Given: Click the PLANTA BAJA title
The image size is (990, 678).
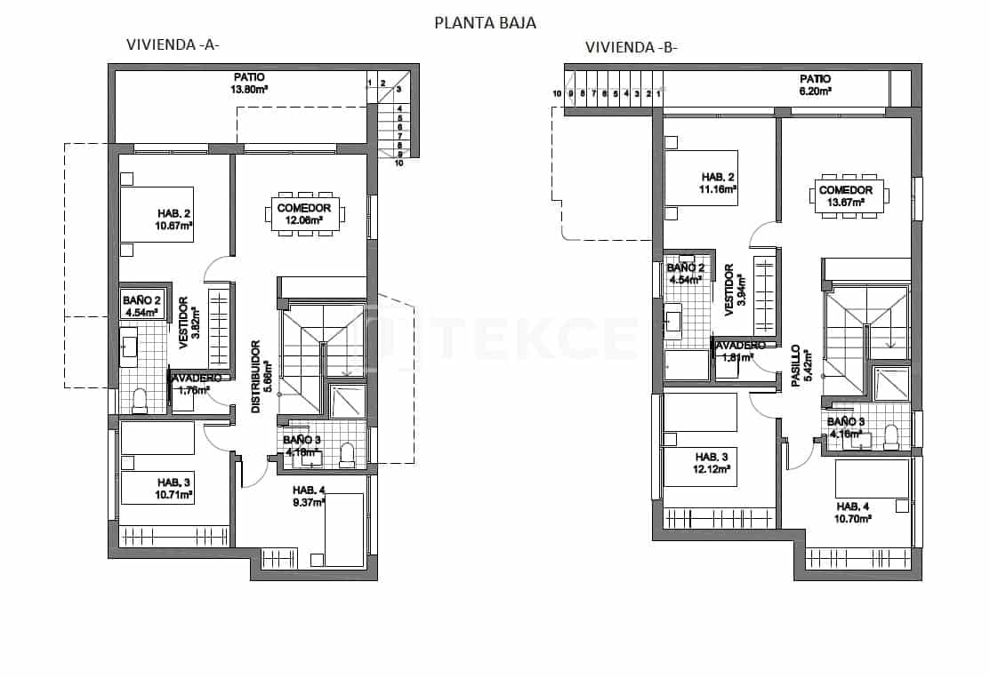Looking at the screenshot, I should (x=485, y=23).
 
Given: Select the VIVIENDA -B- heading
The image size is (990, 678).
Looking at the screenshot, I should (x=631, y=47).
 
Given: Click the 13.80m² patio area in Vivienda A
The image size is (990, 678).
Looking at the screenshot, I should (x=250, y=84).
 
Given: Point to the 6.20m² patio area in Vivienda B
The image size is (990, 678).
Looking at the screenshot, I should (x=815, y=84).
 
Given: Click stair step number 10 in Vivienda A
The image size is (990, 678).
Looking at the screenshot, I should (x=399, y=163).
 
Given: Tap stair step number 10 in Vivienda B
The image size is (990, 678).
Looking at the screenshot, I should (x=557, y=93).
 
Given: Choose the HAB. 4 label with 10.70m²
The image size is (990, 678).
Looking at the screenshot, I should (x=853, y=512).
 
